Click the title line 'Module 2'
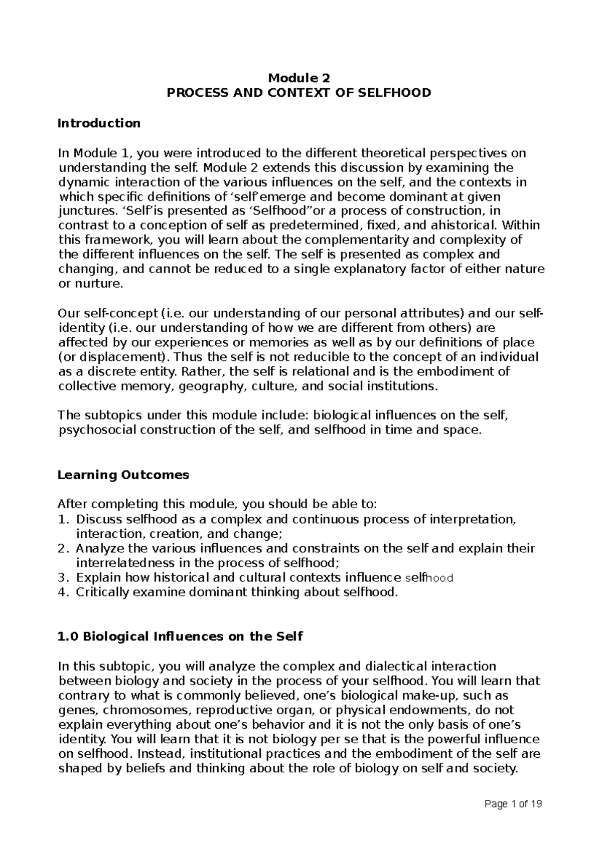tap(300, 78)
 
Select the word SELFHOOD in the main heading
tap(398, 93)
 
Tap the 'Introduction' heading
tap(99, 123)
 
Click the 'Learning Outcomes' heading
tap(123, 475)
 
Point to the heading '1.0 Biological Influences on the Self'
tap(181, 637)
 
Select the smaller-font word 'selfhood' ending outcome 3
tap(429, 578)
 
